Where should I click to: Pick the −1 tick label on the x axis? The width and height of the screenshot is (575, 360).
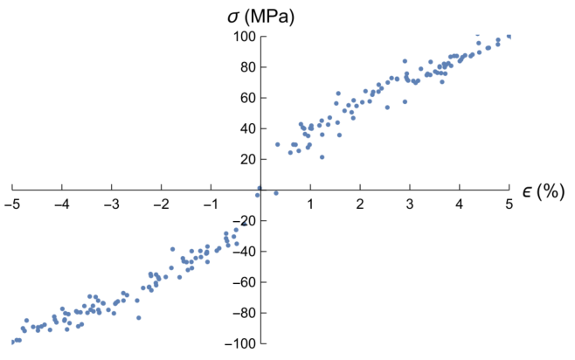(211, 204)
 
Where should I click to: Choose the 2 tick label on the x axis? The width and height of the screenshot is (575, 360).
(360, 204)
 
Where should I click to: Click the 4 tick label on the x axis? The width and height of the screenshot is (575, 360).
(460, 204)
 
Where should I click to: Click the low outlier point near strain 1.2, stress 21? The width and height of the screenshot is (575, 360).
(322, 157)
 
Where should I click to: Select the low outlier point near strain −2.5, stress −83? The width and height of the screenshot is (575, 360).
(138, 317)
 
